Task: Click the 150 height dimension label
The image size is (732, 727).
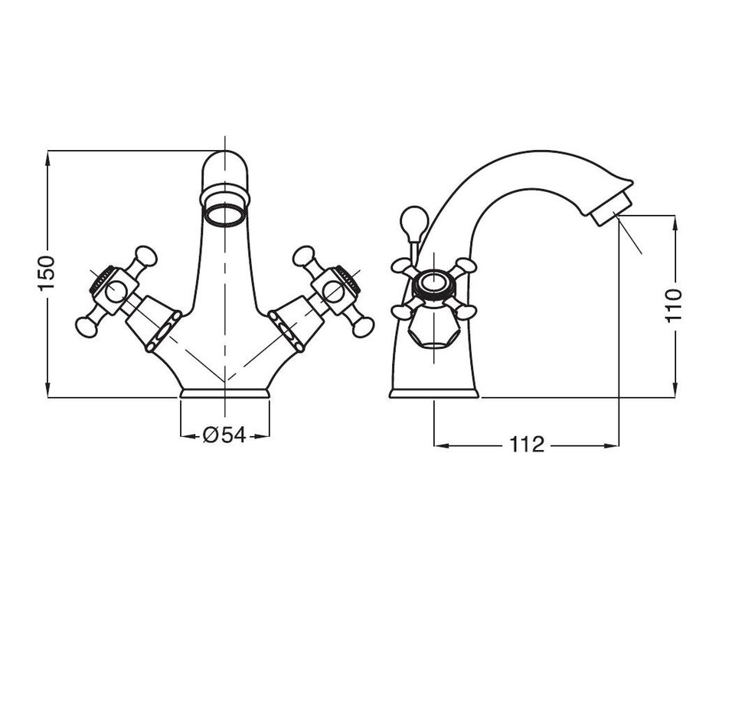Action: coord(47,272)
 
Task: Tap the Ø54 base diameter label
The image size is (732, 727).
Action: coord(224,435)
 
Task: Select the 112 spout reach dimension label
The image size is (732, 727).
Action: coord(527,444)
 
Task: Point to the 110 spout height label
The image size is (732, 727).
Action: coord(674,305)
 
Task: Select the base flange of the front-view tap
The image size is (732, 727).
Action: coord(225,393)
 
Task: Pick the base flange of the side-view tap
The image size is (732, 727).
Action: coord(434,393)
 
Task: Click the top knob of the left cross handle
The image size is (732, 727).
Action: coord(145,256)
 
